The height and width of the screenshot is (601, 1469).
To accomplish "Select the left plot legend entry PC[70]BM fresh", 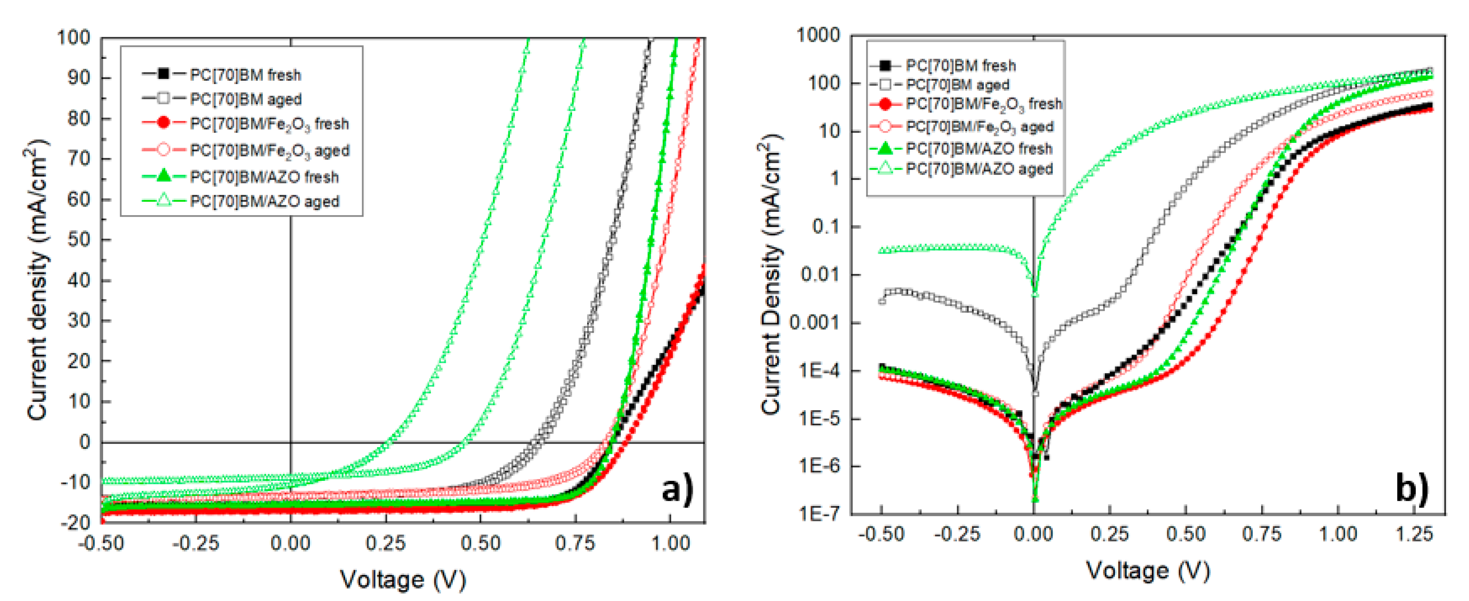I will (245, 75).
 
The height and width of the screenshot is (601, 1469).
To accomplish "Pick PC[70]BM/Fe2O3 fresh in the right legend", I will (984, 104).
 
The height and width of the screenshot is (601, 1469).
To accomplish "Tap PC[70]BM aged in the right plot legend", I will (957, 85).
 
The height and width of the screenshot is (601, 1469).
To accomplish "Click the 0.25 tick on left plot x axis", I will (385, 543).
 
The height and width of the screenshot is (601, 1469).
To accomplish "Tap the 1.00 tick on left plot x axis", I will (671, 543).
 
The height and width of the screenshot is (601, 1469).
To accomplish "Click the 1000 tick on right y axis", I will (818, 35).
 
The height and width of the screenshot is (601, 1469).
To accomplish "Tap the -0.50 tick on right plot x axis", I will (881, 534).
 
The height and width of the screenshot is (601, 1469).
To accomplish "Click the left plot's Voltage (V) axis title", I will (403, 580).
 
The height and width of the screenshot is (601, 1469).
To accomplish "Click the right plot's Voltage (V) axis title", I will (1147, 570).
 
